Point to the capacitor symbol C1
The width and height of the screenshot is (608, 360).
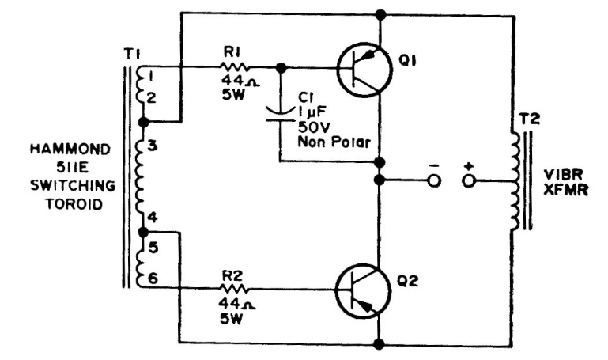click(281, 116)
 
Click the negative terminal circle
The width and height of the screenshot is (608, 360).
click(433, 180)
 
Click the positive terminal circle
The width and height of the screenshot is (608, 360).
click(470, 180)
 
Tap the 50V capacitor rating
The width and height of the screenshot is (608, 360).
click(311, 128)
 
